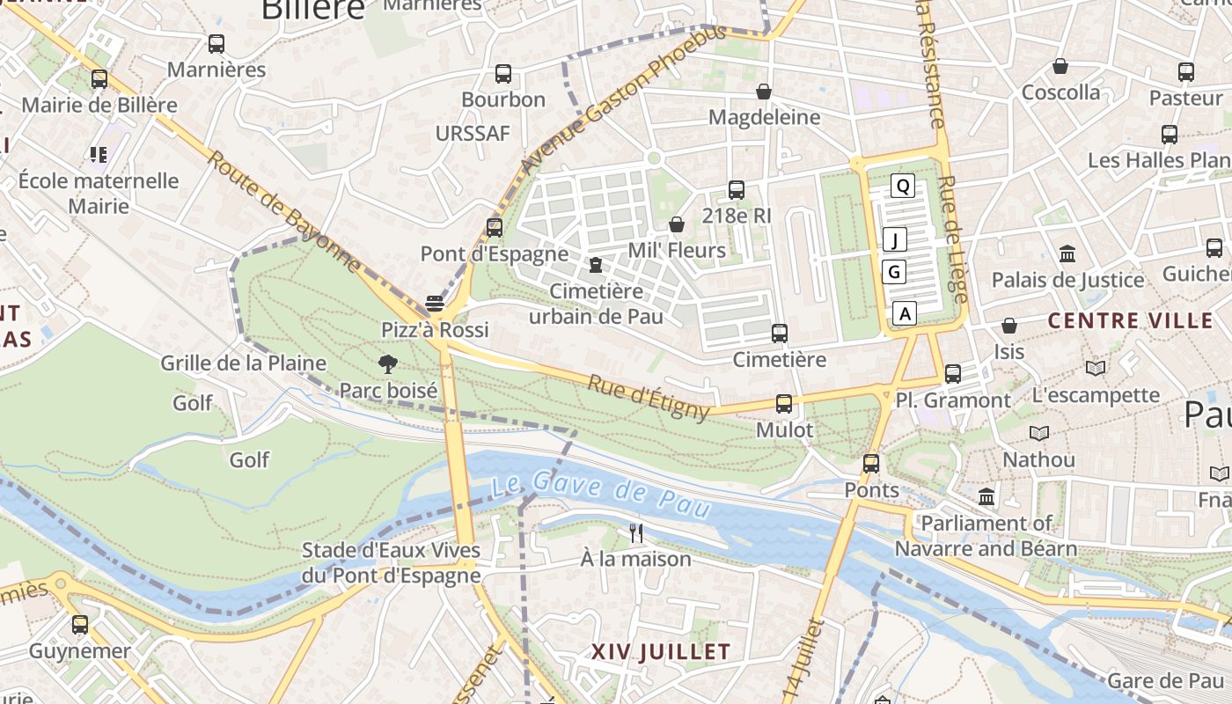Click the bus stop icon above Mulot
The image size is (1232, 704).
[x=783, y=404]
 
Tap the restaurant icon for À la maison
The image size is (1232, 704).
[x=636, y=533]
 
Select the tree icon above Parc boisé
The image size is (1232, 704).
[x=386, y=364]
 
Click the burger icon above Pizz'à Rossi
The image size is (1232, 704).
[x=434, y=304]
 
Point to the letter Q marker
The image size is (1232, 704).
[x=903, y=186]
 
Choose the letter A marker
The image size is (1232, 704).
[x=906, y=312]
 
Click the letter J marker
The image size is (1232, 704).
[x=895, y=239]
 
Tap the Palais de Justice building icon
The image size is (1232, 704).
[x=1067, y=254]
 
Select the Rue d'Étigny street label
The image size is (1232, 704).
[x=649, y=398]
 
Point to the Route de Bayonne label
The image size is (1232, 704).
[x=284, y=210]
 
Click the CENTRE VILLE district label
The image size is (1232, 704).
[x=1130, y=320]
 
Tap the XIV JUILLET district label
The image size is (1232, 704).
[x=660, y=652]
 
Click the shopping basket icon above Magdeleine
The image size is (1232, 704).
[x=764, y=92]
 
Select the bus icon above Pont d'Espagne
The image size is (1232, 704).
[x=495, y=228]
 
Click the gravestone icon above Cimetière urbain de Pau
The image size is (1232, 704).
[x=596, y=265]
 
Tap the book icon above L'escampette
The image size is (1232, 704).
[x=1096, y=369]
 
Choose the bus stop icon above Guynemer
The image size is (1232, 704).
[x=80, y=625]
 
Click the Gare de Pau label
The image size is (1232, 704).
[x=1165, y=680]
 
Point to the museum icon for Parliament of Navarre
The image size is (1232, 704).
[x=986, y=497]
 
